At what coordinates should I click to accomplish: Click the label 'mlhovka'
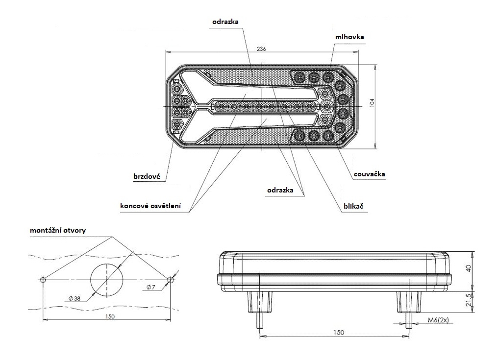(349, 36)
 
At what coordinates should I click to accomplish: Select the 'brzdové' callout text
(147, 176)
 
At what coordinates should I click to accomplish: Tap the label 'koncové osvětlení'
(150, 206)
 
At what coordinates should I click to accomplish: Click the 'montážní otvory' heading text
(57, 230)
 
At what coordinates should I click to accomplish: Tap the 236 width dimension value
(261, 49)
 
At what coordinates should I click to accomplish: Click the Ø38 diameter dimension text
(75, 298)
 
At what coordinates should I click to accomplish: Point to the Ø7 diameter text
(150, 287)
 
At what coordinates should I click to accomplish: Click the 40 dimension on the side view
(469, 268)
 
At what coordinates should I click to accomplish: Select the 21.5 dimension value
(469, 299)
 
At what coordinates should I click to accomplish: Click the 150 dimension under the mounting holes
(109, 316)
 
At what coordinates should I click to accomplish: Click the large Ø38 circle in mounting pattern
(106, 279)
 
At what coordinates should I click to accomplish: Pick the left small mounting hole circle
(43, 280)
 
